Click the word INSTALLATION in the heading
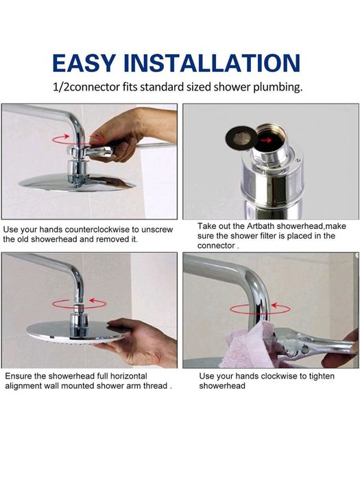[x=211, y=63]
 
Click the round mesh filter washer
[x=241, y=137]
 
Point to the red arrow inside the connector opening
[x=265, y=140]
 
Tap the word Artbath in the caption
[x=261, y=226]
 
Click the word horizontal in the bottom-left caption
[x=129, y=376]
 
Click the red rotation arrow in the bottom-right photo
[x=260, y=309]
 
